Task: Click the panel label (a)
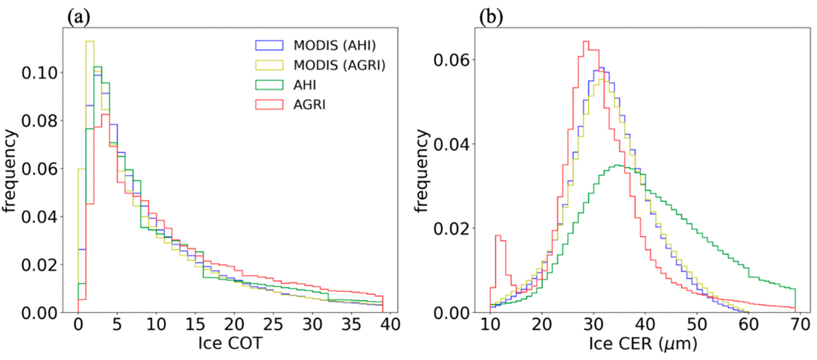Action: tap(78, 17)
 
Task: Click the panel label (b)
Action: tap(491, 17)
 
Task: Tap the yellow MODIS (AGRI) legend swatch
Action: tap(269, 65)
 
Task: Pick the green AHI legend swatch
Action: tap(269, 85)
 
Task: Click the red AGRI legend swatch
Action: tap(269, 105)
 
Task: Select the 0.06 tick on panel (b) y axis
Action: tap(452, 60)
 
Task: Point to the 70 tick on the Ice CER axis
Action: tap(800, 324)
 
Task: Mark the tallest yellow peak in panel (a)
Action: tap(90, 42)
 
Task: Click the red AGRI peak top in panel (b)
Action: tap(586, 42)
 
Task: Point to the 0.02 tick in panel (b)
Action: tap(452, 228)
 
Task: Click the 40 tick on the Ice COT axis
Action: tap(390, 324)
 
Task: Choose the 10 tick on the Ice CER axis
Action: tap(490, 324)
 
